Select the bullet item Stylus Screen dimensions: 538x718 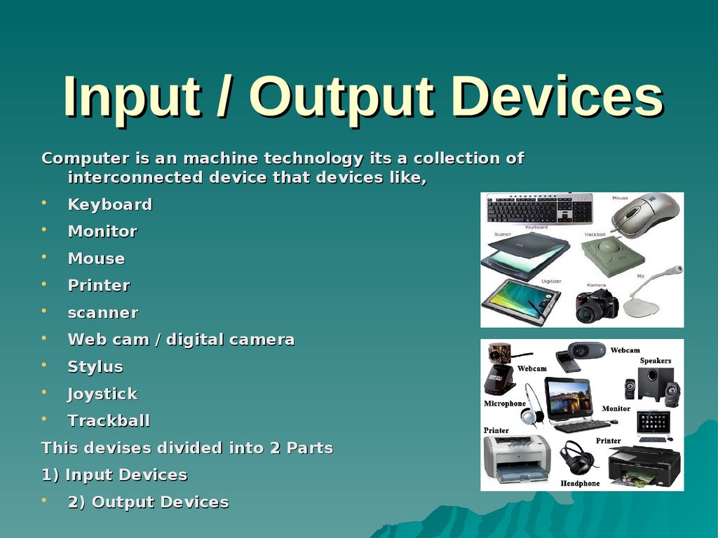click(95, 367)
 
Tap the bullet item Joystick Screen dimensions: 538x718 click(102, 394)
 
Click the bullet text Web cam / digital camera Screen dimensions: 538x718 click(181, 340)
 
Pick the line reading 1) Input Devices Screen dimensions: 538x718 click(114, 475)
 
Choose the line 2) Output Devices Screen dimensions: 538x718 click(148, 502)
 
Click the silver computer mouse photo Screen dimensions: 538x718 click(644, 214)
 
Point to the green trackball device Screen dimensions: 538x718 click(612, 256)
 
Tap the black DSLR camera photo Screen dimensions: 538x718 click(597, 305)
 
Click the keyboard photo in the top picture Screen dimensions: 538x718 click(539, 208)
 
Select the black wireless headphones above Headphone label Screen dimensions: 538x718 click(578, 459)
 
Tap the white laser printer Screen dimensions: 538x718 click(516, 458)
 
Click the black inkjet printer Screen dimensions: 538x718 click(644, 465)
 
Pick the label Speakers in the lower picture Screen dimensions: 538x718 click(655, 361)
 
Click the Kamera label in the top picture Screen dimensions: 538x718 click(595, 286)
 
